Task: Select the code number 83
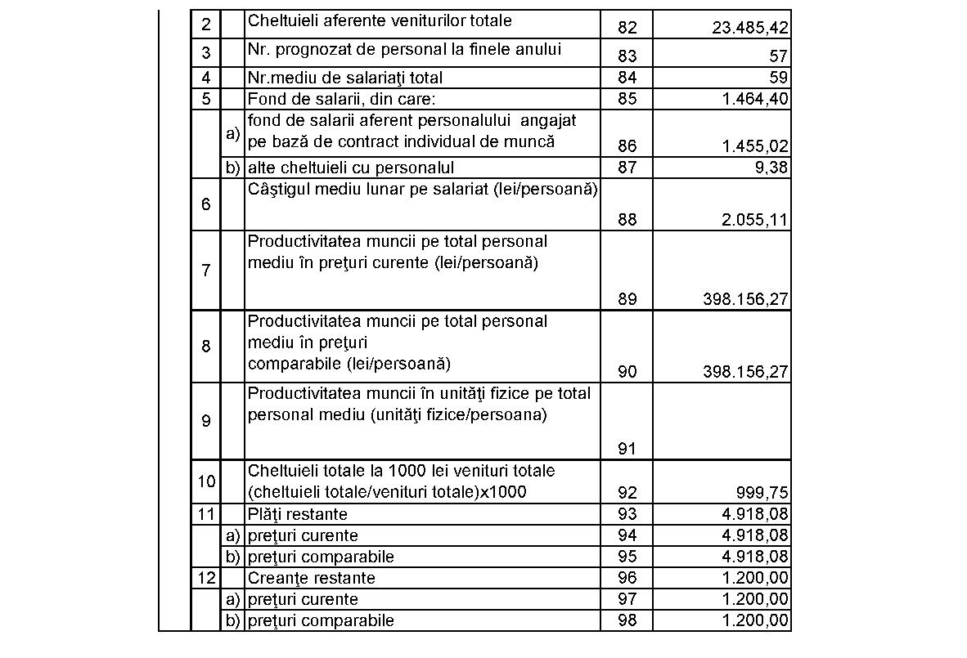[627, 56]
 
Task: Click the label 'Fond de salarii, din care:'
[343, 99]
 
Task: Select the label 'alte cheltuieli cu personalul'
[351, 168]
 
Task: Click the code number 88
[627, 220]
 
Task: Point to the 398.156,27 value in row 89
[745, 299]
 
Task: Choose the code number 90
[627, 372]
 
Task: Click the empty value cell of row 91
[722, 421]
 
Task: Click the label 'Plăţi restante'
[298, 514]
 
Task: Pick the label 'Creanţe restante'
[312, 578]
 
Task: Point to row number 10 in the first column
[205, 481]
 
